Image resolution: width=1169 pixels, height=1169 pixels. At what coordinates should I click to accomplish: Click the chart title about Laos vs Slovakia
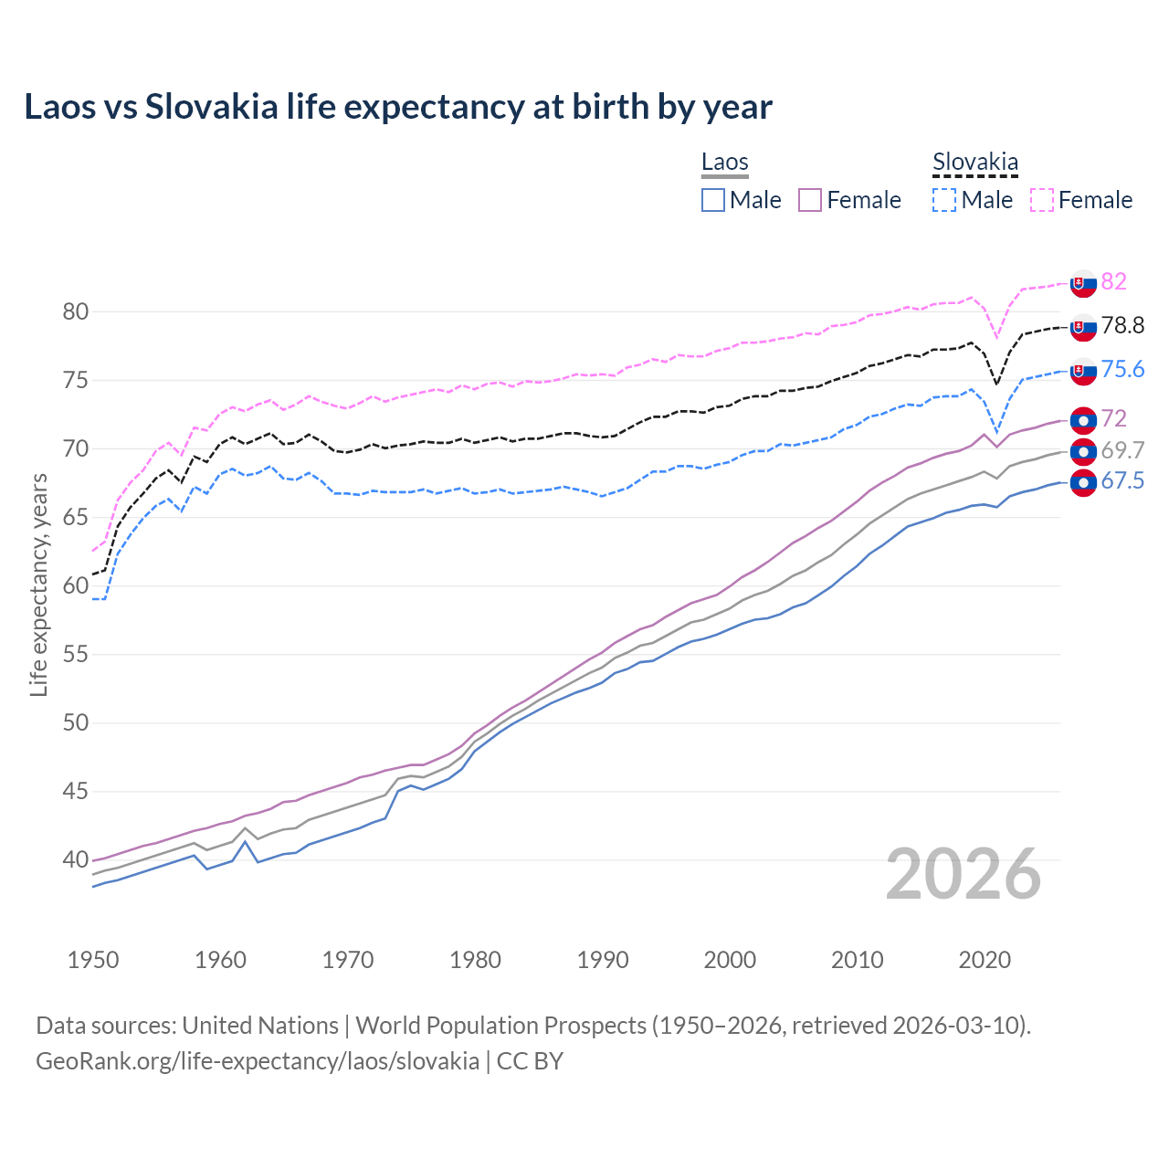(398, 107)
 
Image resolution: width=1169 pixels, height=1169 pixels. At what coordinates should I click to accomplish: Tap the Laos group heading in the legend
(724, 162)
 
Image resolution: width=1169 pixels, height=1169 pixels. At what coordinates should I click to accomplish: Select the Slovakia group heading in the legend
(974, 162)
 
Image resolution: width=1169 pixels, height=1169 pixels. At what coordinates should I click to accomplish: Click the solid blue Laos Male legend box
(713, 200)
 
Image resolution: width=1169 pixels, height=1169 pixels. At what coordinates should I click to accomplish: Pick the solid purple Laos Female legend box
(810, 200)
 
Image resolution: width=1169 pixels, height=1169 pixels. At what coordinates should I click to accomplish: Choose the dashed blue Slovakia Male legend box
(944, 200)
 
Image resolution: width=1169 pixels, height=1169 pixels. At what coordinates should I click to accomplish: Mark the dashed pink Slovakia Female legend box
(1042, 200)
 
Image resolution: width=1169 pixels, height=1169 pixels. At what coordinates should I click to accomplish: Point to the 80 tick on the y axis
(75, 311)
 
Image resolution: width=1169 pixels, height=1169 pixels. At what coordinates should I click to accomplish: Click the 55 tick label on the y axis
(75, 654)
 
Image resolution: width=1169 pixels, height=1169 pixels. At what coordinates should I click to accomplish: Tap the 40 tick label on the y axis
(75, 859)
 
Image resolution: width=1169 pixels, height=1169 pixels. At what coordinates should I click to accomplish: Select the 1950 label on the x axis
(93, 960)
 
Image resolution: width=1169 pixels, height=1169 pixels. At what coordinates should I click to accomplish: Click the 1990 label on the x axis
(603, 960)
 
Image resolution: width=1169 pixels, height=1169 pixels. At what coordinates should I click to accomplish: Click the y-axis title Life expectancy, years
(38, 584)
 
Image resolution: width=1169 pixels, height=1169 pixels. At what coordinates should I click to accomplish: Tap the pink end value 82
(1113, 281)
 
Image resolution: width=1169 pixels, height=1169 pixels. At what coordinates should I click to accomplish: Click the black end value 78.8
(1122, 325)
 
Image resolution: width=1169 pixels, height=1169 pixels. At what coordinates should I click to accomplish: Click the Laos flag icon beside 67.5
(1083, 483)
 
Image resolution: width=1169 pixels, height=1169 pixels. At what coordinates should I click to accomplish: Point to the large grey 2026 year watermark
(964, 874)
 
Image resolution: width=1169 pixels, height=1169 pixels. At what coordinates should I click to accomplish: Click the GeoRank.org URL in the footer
(258, 1060)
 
